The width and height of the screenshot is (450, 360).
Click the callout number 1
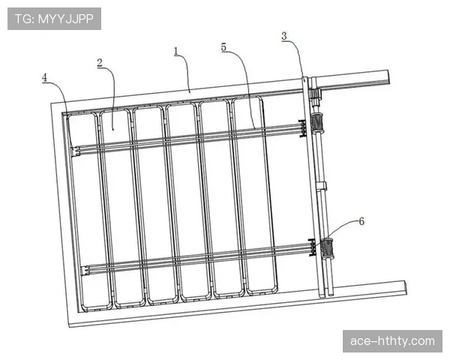pos(176,52)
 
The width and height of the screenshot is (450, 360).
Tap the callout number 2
pos(100,63)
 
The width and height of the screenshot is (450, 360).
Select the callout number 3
pos(284,36)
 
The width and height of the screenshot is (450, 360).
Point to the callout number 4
pos(44,77)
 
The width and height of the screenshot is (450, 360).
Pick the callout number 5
pos(223,47)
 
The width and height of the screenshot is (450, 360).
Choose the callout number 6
pos(361,221)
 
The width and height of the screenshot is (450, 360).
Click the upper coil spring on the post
pos(316,123)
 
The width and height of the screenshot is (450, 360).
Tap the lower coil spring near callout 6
pos(326,248)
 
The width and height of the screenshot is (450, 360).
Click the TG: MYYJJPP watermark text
pos(54,19)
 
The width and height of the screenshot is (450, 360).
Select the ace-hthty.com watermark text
pos(392,341)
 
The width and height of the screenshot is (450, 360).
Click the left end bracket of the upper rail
pos(75,151)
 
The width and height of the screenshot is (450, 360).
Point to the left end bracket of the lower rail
pos(85,271)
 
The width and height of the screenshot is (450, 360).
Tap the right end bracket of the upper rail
pos(302,128)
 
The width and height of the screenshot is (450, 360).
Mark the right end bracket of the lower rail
pos(312,247)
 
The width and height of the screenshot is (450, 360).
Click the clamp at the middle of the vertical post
pos(322,186)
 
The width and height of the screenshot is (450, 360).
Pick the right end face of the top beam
pos(387,77)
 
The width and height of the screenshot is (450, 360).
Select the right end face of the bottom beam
pos(405,288)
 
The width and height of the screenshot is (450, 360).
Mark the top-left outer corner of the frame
pos(51,103)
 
